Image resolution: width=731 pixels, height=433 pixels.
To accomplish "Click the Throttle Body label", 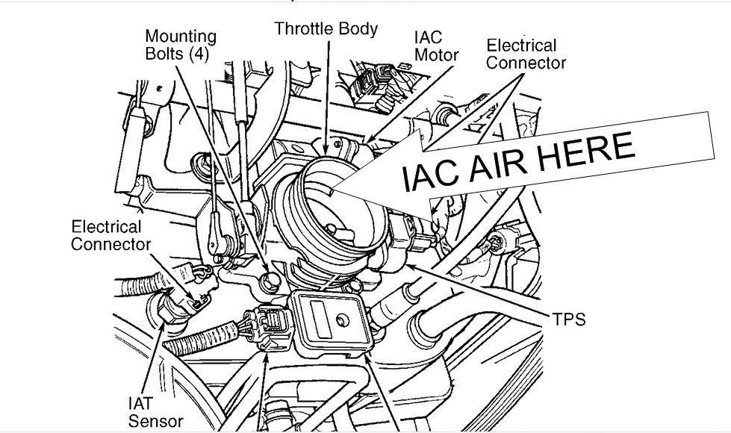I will click(326, 29).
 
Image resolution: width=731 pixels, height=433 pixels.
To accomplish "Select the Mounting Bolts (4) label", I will click(181, 46).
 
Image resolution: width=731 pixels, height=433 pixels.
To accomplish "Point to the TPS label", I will click(570, 320).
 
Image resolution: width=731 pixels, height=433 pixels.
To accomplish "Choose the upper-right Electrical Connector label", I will click(526, 54).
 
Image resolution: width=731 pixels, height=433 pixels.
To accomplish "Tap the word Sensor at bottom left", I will click(155, 421).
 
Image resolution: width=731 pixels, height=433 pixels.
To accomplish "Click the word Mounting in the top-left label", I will click(181, 36).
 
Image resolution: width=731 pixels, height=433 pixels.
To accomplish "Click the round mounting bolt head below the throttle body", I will click(270, 281).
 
